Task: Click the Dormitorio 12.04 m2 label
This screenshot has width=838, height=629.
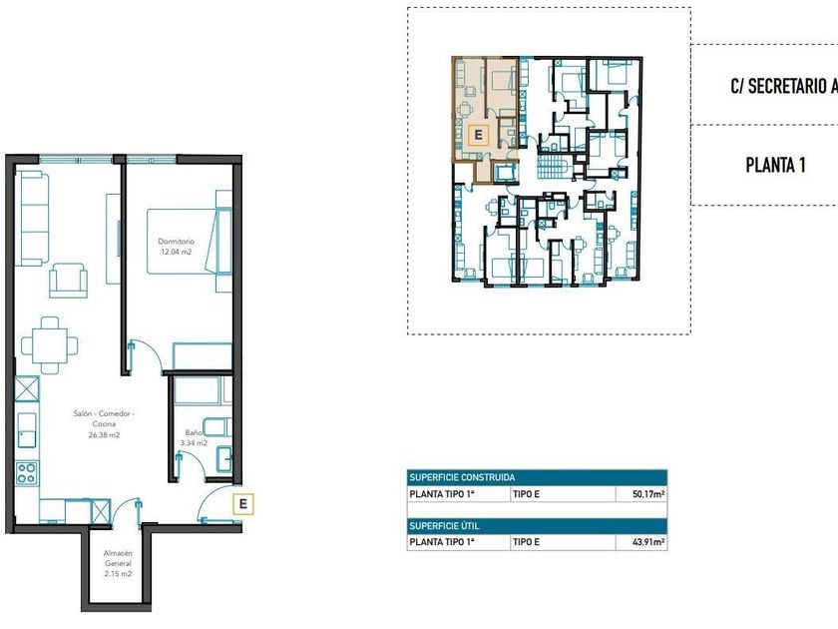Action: coord(176,247)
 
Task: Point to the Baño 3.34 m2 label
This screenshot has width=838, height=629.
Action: coord(194,437)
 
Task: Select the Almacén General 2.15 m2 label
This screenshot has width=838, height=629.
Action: coord(118,563)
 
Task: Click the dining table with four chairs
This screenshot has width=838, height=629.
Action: coord(49,345)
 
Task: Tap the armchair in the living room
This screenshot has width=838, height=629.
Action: coord(68,280)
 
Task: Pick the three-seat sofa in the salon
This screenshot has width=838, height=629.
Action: coord(32,219)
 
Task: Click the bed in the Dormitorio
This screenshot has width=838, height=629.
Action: coord(190,242)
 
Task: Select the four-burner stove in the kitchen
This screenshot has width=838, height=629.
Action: coord(26,473)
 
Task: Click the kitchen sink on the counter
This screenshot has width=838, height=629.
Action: coord(27,430)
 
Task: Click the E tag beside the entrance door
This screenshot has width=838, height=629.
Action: coord(243,504)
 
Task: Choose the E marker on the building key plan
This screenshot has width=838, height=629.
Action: coord(478,135)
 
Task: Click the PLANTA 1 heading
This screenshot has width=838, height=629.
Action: coord(775,166)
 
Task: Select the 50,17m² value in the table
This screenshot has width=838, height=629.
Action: coord(648,494)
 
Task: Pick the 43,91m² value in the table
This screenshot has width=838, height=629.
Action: coord(648,542)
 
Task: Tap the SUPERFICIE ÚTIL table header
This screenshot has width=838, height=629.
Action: coord(444,526)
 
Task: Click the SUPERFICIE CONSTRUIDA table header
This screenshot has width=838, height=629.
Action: coord(462,477)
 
